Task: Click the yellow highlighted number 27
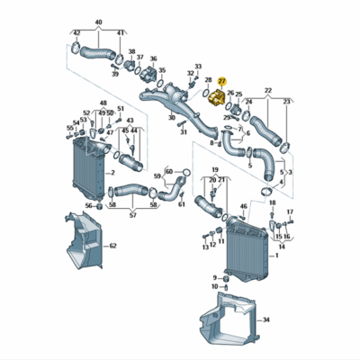[223, 80]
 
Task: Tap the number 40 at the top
[98, 20]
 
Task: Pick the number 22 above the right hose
[267, 92]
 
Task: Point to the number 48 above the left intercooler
[103, 103]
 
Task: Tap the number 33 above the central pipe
[198, 66]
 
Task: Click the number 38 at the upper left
[131, 51]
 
